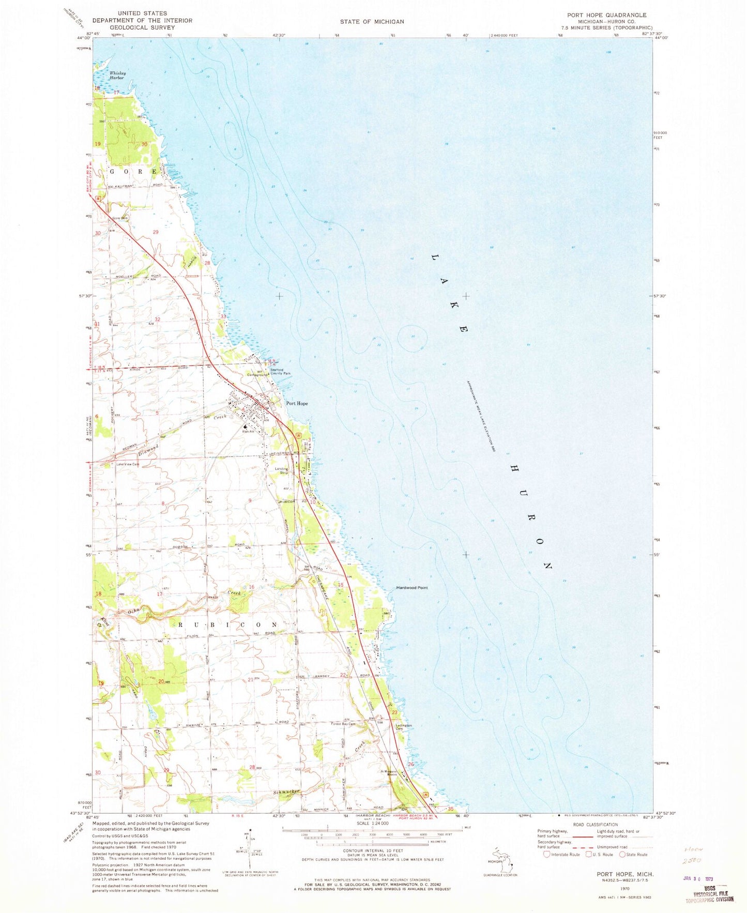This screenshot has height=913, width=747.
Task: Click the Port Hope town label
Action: point(297,404)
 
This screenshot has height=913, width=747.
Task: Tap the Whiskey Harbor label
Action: point(117,75)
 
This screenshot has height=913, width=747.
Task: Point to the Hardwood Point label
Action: point(411,588)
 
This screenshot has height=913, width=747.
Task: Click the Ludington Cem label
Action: point(404,727)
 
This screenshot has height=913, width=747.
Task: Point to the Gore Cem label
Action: point(120,218)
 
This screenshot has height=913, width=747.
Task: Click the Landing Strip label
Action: point(281,470)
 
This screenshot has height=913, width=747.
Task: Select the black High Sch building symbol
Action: point(246,427)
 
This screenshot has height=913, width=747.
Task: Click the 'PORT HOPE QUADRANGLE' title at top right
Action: point(606,15)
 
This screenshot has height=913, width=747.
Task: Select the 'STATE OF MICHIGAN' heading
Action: point(372,22)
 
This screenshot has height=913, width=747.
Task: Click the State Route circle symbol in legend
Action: point(622,854)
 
